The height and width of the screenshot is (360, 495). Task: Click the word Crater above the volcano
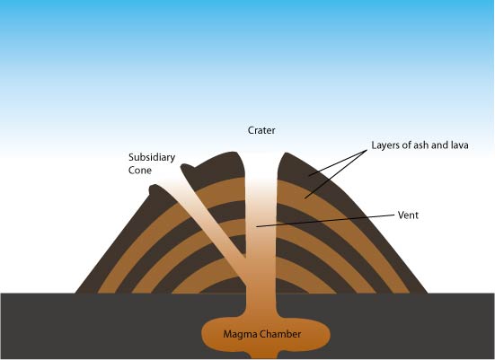point(261,130)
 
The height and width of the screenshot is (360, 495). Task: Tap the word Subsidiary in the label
point(152,157)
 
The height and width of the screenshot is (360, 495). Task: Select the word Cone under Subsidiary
point(140,171)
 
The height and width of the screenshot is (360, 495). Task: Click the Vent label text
point(408,215)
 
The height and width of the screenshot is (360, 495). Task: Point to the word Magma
point(239,335)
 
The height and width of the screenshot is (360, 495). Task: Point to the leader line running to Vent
point(325,221)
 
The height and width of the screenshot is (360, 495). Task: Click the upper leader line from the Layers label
point(338,162)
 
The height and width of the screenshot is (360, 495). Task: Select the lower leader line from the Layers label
point(336,174)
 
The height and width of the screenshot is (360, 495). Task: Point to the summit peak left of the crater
point(234,154)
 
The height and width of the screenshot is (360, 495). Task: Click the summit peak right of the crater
point(287,154)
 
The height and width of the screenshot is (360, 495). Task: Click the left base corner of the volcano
point(75,293)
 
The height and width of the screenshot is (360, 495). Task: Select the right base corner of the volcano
point(428,293)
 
